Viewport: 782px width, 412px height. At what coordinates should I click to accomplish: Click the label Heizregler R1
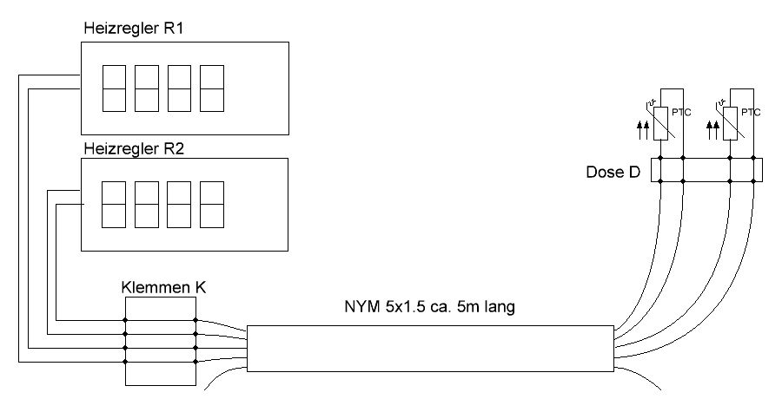[x=137, y=28]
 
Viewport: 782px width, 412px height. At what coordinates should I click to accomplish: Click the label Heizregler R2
[x=137, y=147]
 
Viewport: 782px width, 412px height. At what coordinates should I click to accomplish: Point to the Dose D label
[x=613, y=172]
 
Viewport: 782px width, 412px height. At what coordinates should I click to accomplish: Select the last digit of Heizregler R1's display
[x=214, y=88]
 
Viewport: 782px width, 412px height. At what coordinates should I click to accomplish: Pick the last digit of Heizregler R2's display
[x=214, y=204]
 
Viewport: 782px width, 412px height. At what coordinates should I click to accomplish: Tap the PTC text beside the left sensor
[x=680, y=112]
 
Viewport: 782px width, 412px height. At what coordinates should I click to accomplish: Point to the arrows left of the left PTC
[x=642, y=130]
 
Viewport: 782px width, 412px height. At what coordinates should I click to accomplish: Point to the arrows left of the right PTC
[x=713, y=130]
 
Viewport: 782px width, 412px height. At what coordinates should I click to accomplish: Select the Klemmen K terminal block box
[x=161, y=341]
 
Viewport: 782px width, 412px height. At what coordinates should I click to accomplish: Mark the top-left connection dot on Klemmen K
[x=125, y=320]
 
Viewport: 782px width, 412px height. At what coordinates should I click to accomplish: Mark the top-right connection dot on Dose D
[x=751, y=159]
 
